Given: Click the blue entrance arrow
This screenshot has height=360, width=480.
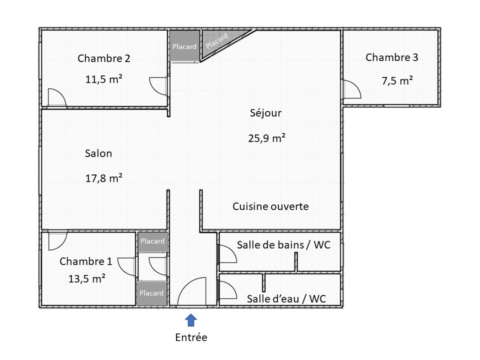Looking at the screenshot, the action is click(190, 320).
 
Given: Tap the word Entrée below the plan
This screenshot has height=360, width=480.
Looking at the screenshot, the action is click(191, 337).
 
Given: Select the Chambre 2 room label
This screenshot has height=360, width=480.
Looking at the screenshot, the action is click(104, 58).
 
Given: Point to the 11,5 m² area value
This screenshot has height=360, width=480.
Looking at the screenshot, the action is click(104, 79).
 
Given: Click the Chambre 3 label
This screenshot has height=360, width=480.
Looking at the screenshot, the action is click(392, 57).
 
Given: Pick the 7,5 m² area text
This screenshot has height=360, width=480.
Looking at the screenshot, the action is click(397, 80).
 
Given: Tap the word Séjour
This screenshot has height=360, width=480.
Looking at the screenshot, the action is click(265, 113).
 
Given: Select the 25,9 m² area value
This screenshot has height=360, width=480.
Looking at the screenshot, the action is click(266, 138).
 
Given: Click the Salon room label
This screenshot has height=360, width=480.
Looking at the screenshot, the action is click(98, 153).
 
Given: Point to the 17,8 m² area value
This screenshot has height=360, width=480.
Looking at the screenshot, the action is click(104, 178).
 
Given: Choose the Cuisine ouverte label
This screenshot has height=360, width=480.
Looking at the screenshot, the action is click(270, 206).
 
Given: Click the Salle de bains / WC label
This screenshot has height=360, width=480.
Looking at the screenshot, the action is click(284, 245).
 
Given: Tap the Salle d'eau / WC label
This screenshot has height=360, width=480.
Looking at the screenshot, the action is click(286, 299).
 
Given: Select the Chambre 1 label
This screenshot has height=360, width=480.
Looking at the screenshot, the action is click(85, 261).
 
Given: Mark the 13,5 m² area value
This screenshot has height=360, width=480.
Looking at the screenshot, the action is click(87, 279).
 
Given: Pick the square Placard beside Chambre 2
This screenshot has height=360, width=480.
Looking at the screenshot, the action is click(184, 45).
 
